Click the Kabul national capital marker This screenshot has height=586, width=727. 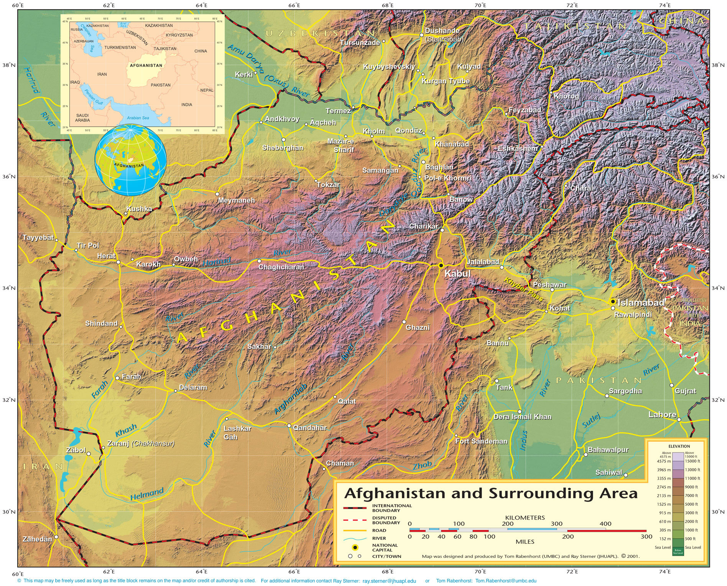point(441,265)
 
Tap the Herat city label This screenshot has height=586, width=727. point(106,256)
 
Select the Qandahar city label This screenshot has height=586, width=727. point(310,428)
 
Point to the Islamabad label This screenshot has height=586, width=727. point(641,303)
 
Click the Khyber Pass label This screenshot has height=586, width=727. point(523,290)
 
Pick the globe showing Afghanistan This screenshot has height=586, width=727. point(131,160)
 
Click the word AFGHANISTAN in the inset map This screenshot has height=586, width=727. point(146,65)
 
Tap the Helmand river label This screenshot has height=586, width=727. point(147,494)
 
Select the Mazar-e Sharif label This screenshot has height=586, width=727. point(341,146)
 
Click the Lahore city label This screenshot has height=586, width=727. point(662,415)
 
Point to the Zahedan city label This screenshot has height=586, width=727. point(37,539)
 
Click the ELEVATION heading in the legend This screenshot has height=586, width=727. point(679,446)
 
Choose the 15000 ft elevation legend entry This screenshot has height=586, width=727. point(692,461)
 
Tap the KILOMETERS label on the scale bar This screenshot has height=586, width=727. point(525,517)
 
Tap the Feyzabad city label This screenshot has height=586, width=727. point(525,110)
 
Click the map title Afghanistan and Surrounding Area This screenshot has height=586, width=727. point(491,493)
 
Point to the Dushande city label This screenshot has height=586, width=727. point(442,31)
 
